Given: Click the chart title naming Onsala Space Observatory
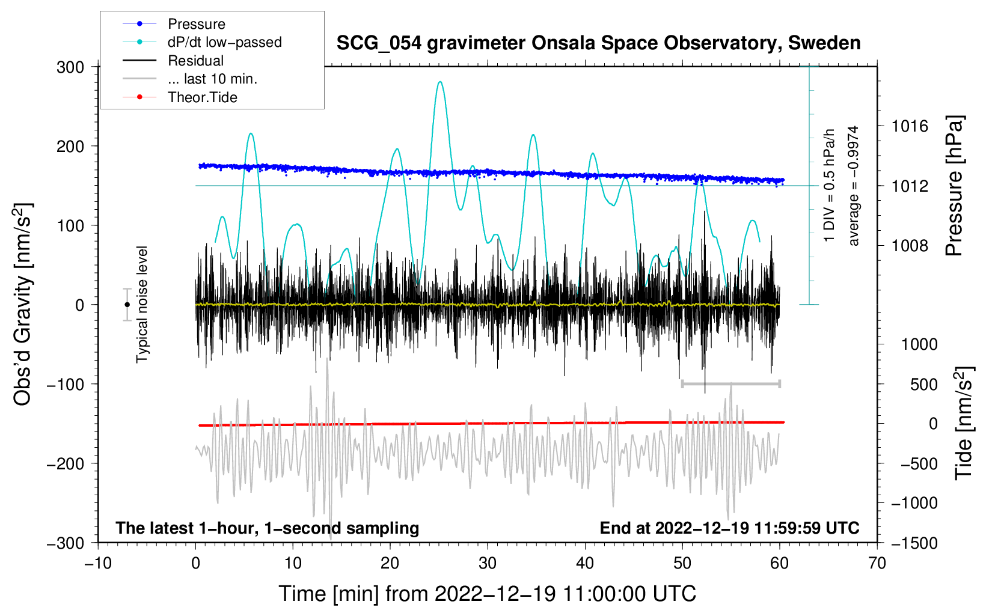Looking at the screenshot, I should click(598, 43).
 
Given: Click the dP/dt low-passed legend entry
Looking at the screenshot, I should click(224, 42).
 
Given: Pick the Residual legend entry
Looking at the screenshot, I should click(195, 61).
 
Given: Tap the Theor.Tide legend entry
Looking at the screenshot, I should click(202, 97).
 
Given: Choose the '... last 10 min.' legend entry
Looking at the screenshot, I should click(212, 79).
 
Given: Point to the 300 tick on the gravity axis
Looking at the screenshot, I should click(70, 67).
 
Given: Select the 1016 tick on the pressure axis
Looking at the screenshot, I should click(910, 126).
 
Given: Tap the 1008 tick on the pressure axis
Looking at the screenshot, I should click(910, 245).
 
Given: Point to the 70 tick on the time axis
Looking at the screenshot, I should click(877, 563).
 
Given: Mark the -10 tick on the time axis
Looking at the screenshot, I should click(98, 563).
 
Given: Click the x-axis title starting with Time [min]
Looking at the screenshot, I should click(488, 594).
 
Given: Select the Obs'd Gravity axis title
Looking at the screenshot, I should click(23, 305).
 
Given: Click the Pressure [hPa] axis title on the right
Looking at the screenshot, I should click(954, 186).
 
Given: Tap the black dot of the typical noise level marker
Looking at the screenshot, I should click(127, 305).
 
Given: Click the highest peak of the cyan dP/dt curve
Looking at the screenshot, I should click(440, 82).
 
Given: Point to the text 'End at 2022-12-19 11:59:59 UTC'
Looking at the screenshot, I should click(729, 528).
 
